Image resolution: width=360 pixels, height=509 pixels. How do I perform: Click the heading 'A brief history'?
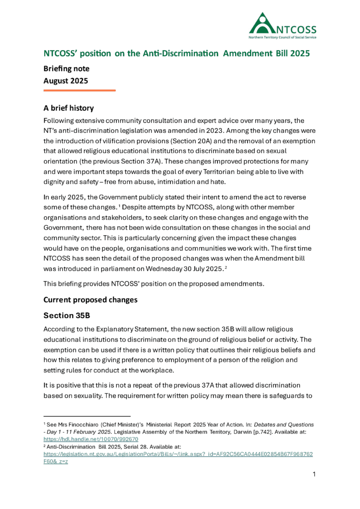pos(69,108)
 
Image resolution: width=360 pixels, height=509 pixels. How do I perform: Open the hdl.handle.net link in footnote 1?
pos(91,439)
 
